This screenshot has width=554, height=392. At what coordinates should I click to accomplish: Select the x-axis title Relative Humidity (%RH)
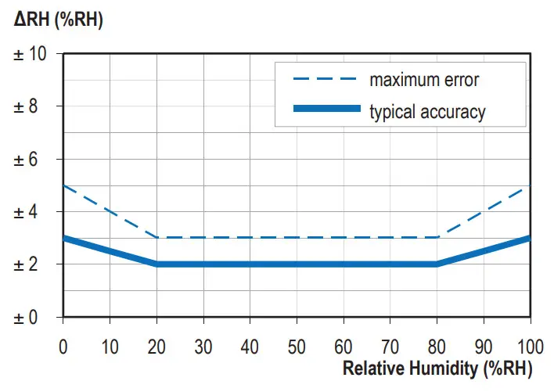pos(437,367)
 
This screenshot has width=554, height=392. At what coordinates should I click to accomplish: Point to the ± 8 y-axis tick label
pos(29,106)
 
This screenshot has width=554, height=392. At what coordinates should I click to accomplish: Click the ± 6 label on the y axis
pos(29,160)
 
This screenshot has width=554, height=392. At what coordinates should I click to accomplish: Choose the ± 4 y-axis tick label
pos(29,212)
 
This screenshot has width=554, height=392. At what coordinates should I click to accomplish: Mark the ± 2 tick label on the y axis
pos(29,264)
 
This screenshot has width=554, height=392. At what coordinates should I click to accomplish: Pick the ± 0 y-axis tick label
pos(29,318)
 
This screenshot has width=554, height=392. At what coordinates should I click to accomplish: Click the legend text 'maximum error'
pos(424,79)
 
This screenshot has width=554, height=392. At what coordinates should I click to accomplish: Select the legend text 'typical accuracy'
pos(427,111)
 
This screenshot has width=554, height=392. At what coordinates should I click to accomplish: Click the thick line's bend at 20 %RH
pos(156,264)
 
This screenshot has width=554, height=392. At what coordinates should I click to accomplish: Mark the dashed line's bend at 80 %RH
pos(437,237)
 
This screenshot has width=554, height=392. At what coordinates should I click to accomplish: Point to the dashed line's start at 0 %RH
pos(63,185)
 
